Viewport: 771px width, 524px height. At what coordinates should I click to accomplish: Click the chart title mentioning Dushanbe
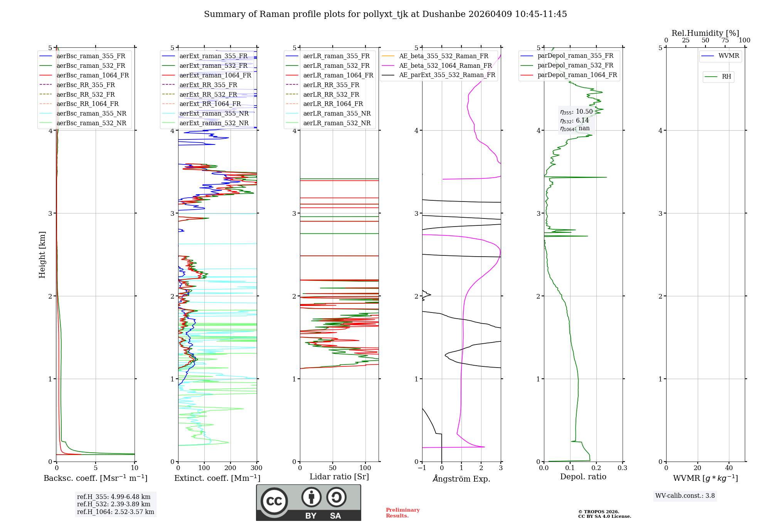385,14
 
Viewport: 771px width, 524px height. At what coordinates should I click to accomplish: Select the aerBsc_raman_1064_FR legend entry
93,76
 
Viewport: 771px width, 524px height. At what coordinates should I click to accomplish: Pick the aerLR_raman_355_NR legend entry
337,114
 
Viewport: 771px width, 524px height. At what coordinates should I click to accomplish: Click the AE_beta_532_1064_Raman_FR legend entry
445,66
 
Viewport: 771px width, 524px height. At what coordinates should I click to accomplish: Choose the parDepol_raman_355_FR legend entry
575,56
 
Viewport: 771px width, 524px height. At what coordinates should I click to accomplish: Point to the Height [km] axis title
42,255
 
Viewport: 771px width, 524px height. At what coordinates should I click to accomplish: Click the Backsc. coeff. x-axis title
95,478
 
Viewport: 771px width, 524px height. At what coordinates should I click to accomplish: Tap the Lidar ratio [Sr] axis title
339,477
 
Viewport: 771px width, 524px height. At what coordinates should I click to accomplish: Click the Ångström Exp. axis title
461,479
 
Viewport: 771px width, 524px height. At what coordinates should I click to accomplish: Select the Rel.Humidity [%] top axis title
705,33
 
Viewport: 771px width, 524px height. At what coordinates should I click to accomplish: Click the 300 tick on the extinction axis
256,468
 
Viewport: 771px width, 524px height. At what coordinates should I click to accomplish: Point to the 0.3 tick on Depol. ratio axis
622,468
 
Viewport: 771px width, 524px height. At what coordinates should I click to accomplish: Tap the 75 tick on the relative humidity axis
725,40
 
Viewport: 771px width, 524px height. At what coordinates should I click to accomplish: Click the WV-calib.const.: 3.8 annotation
685,496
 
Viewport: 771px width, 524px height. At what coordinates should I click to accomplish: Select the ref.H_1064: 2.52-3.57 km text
116,512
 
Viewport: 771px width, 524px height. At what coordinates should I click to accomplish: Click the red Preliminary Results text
402,513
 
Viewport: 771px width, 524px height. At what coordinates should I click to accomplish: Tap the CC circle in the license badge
274,501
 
